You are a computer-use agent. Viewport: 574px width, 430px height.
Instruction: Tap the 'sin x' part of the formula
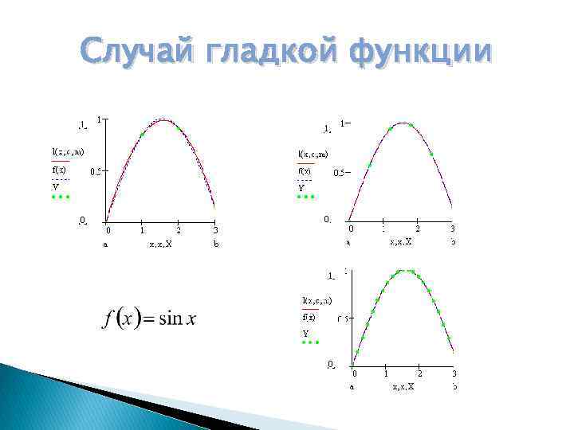(178, 319)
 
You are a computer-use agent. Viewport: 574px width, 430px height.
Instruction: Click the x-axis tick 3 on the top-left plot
(215, 231)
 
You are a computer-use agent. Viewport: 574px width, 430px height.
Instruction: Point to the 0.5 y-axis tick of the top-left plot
(95, 171)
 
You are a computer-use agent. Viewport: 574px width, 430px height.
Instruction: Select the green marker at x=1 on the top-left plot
(143, 134)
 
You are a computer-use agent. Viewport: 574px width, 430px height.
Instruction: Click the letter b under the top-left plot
(216, 245)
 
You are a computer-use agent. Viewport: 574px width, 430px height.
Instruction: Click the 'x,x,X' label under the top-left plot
(160, 245)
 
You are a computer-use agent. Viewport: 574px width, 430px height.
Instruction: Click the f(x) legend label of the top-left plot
(60, 170)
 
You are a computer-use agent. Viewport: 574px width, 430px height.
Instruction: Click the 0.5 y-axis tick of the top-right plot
(339, 174)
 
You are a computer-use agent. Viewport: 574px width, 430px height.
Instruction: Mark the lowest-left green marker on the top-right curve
(369, 164)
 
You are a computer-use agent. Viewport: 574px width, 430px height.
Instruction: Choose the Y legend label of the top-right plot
(302, 188)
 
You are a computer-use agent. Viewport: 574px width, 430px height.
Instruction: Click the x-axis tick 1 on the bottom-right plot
(387, 373)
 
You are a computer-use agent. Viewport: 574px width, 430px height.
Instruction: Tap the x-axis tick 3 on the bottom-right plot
(454, 373)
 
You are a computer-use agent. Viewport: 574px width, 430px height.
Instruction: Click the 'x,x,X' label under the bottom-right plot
(403, 387)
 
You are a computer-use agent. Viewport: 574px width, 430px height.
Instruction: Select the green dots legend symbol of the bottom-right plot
(310, 342)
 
